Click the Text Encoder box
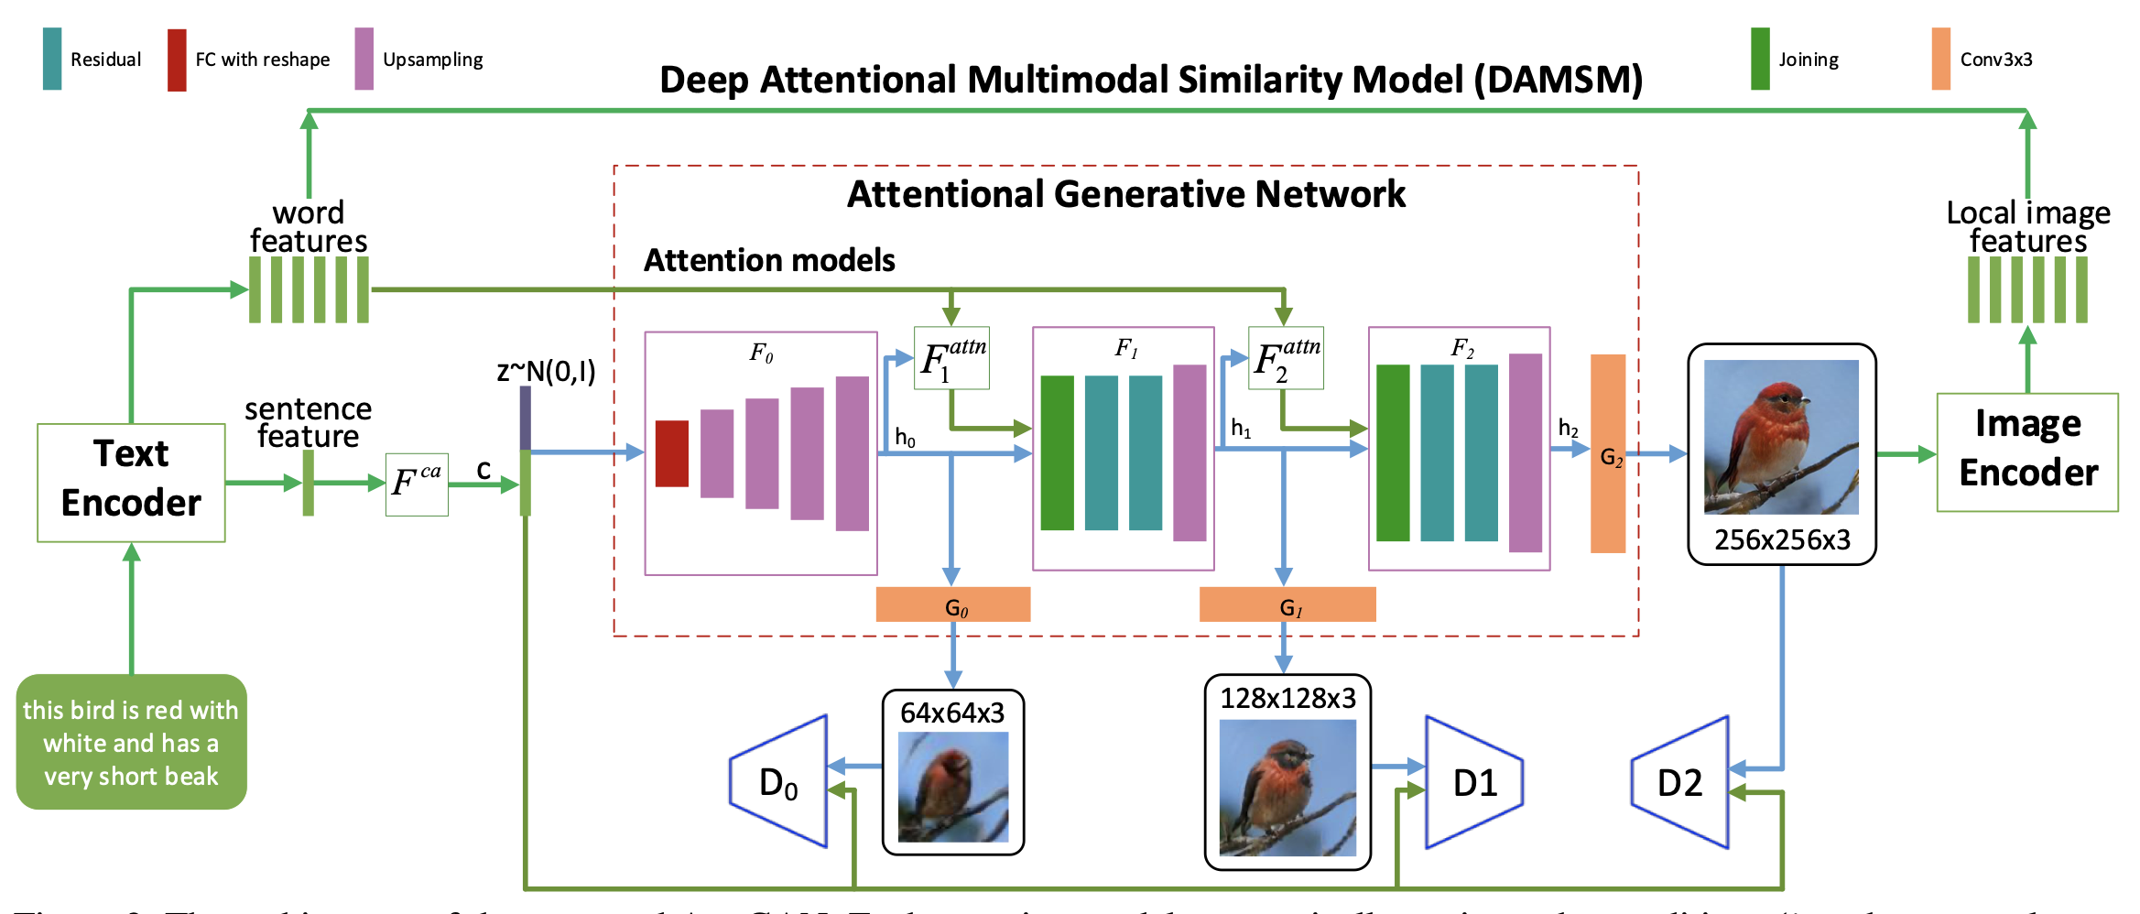coord(131,482)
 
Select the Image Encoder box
coord(2026,452)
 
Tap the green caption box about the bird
coord(131,742)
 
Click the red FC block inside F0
coord(671,453)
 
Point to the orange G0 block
coord(952,604)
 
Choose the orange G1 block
coord(1287,604)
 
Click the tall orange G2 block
coord(1607,453)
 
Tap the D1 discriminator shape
coord(1473,781)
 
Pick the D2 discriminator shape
coord(1681,781)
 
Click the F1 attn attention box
coord(951,358)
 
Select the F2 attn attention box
coord(1286,358)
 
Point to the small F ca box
coord(417,484)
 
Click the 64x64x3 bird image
coord(952,786)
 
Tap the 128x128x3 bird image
coord(1287,786)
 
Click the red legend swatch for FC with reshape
coord(177,60)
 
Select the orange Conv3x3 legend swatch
coord(1940,59)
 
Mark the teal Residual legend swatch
coord(52,59)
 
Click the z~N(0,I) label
coord(546,371)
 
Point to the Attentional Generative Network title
coord(1125,194)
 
